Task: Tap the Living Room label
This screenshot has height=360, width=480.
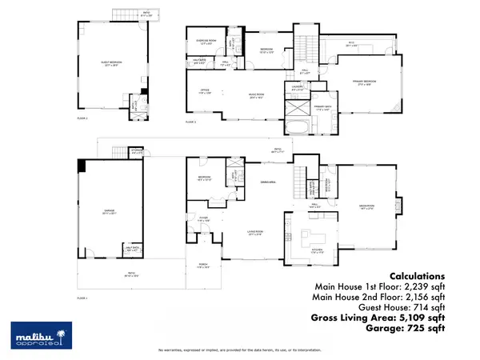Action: pos(256,234)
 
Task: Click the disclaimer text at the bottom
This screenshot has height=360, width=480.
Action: pos(240,350)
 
